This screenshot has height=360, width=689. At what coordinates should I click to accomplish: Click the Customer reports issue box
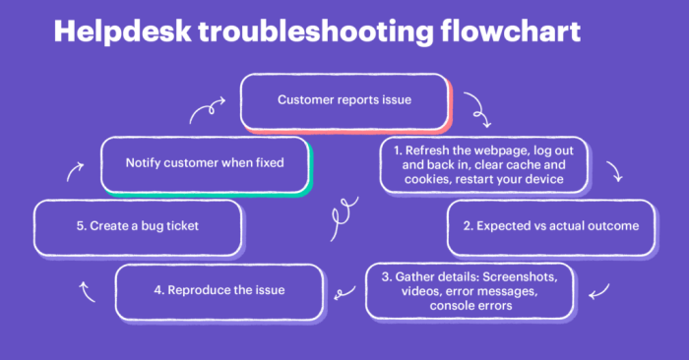click(x=344, y=100)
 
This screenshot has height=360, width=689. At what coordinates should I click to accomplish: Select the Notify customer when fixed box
click(x=206, y=163)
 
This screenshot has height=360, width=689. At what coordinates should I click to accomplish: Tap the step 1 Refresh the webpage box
click(x=483, y=163)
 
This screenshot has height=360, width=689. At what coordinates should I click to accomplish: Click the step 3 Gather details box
click(x=470, y=290)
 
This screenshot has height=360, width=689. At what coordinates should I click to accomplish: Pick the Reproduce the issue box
click(x=219, y=290)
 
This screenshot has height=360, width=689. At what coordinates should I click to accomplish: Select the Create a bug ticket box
click(x=138, y=225)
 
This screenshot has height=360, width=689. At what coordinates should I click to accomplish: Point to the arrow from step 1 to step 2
click(x=616, y=174)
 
